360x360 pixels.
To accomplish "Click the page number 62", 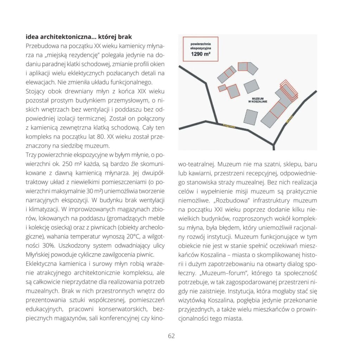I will click(x=171, y=336).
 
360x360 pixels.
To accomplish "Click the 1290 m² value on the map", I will click(x=200, y=54).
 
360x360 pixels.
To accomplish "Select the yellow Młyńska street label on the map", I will click(x=290, y=120).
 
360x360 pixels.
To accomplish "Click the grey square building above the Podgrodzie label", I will click(x=251, y=117).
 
